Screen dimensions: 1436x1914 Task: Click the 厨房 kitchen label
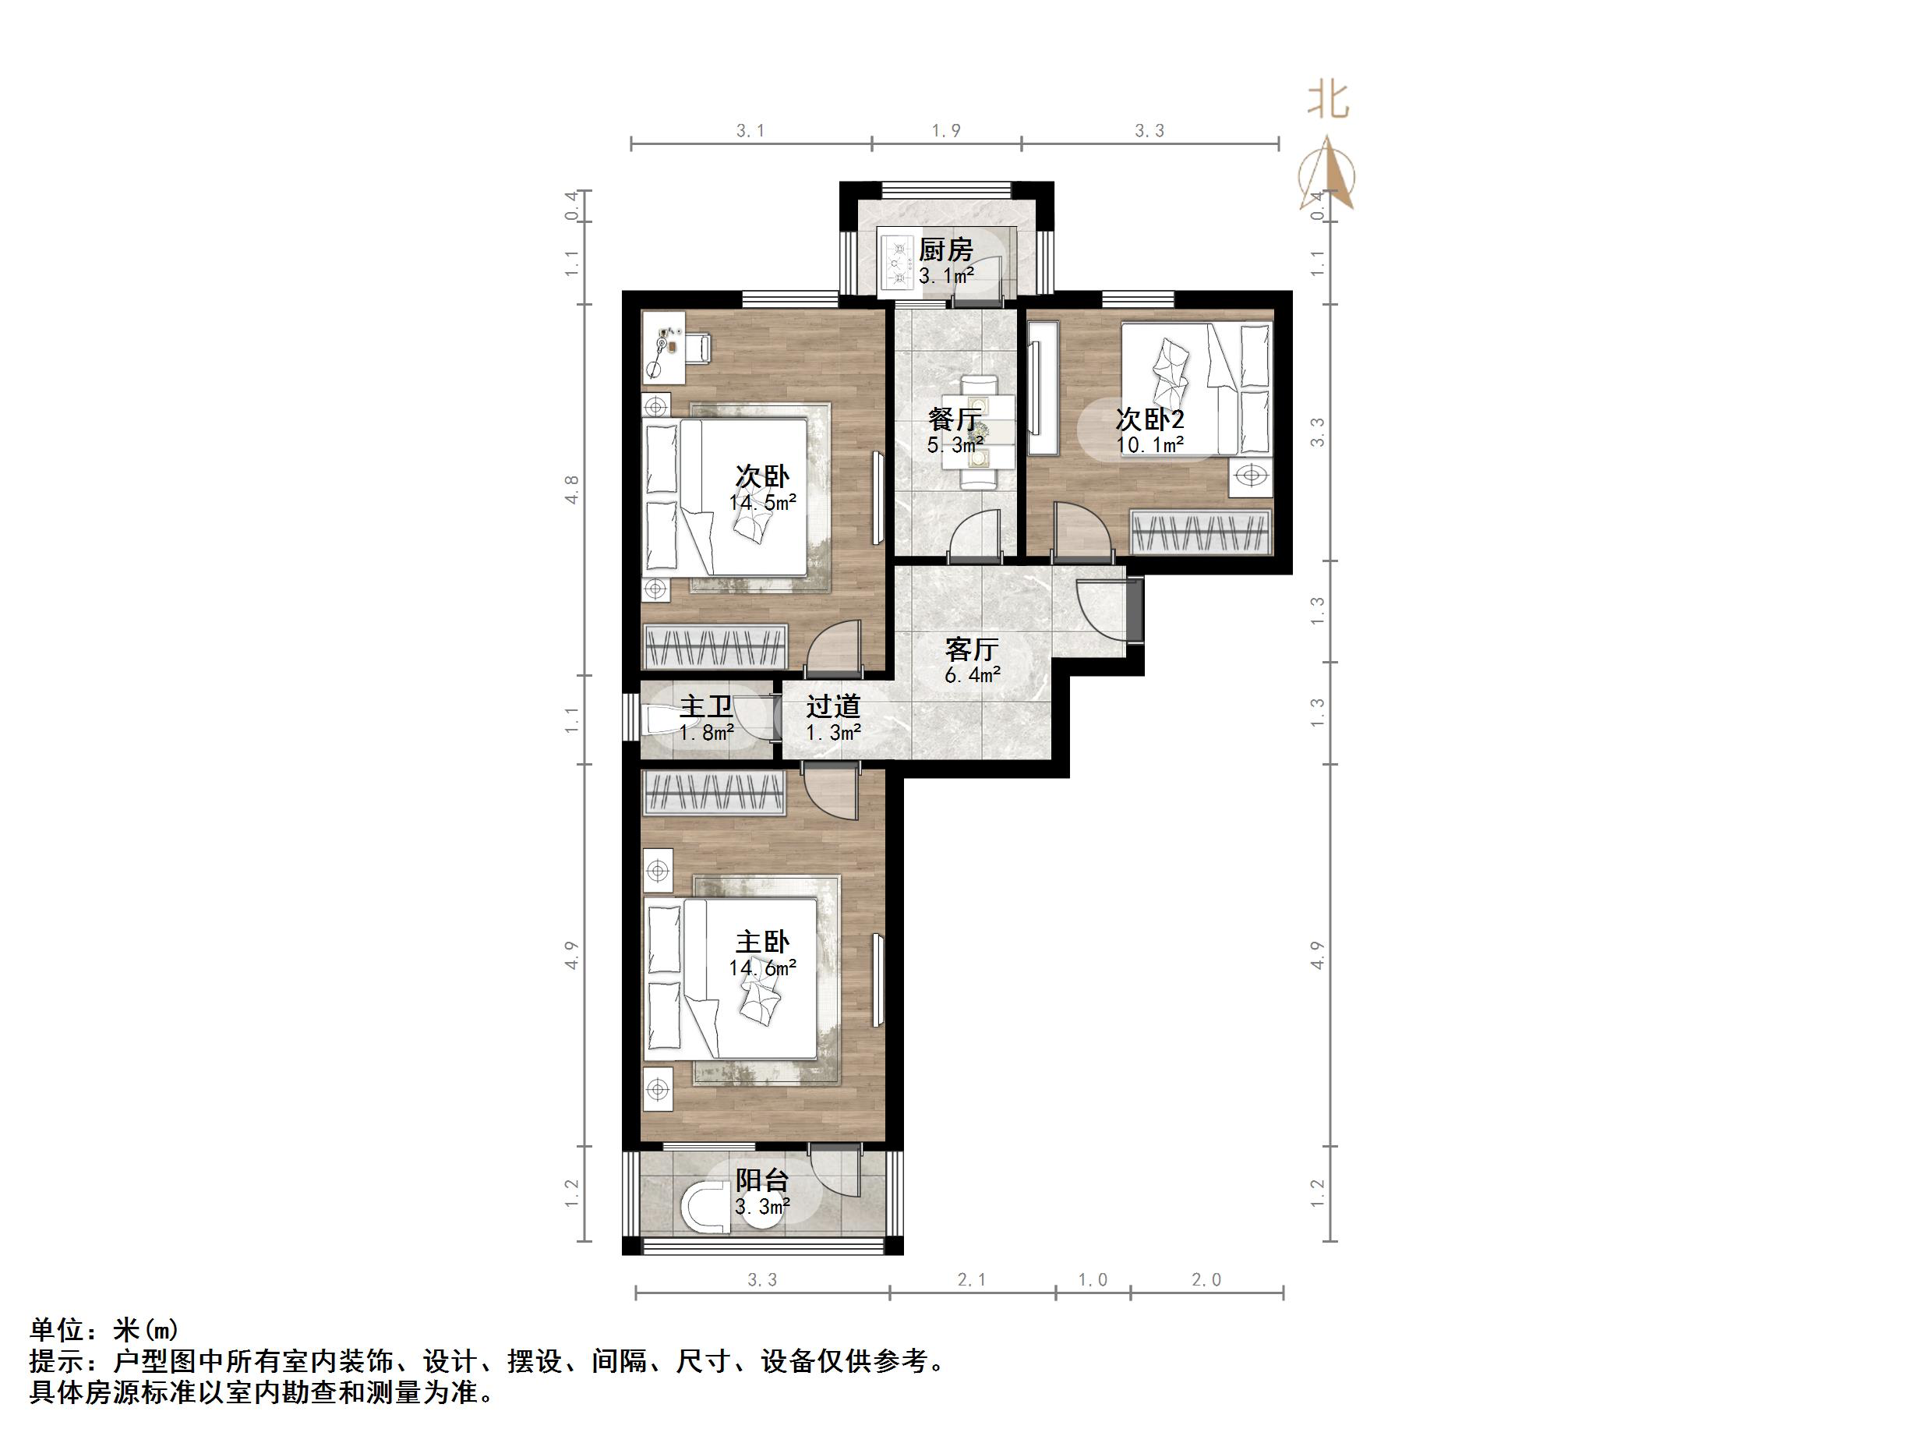pyautogui.click(x=946, y=249)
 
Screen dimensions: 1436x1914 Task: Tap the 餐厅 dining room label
pyautogui.click(x=955, y=419)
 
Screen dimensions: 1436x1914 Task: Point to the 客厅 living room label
pyautogui.click(x=972, y=649)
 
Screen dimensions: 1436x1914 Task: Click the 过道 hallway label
pyautogui.click(x=833, y=706)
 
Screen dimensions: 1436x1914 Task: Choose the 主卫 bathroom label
pyautogui.click(x=705, y=706)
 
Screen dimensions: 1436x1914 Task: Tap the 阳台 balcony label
pyautogui.click(x=761, y=1180)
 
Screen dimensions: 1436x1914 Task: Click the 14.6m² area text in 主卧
pyautogui.click(x=761, y=967)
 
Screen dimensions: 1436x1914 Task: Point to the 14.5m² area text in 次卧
pyautogui.click(x=761, y=502)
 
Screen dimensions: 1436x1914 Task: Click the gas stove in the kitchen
pyautogui.click(x=896, y=261)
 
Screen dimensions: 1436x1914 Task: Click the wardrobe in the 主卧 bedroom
pyautogui.click(x=714, y=793)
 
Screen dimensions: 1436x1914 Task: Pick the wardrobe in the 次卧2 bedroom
pyautogui.click(x=1201, y=532)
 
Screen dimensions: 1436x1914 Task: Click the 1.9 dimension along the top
pyautogui.click(x=946, y=131)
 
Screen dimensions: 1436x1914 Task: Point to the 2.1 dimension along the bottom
pyautogui.click(x=972, y=1279)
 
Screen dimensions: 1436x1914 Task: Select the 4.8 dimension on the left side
pyautogui.click(x=572, y=489)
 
